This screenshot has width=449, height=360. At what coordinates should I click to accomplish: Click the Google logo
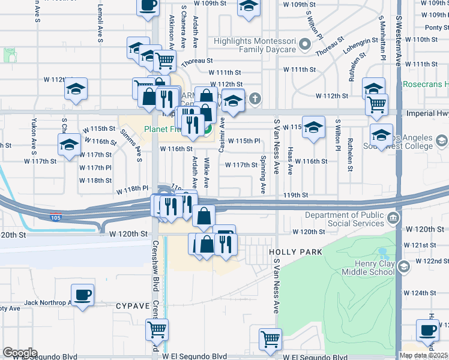click(x=20, y=353)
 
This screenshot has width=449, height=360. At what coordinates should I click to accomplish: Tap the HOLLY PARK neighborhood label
click(x=296, y=253)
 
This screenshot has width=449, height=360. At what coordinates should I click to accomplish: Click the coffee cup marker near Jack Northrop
click(x=82, y=295)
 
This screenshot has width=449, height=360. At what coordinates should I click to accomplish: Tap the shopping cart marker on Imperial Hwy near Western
click(x=376, y=104)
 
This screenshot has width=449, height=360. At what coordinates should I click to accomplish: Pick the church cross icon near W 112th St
click(x=255, y=97)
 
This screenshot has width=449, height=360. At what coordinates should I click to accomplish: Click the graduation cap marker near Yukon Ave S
click(x=69, y=144)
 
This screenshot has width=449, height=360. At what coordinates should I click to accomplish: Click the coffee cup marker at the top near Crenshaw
click(x=148, y=6)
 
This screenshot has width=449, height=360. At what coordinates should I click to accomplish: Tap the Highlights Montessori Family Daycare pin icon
click(x=305, y=43)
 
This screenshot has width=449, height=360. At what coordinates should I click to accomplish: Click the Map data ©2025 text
click(x=423, y=355)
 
